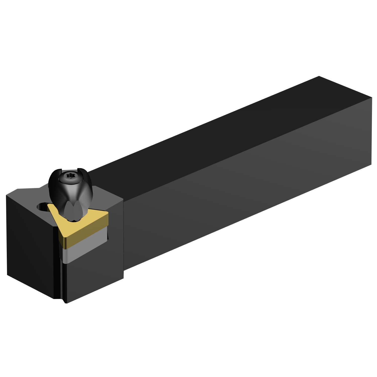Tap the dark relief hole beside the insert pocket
pos(41,207)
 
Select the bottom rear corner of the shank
pos(371,165)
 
